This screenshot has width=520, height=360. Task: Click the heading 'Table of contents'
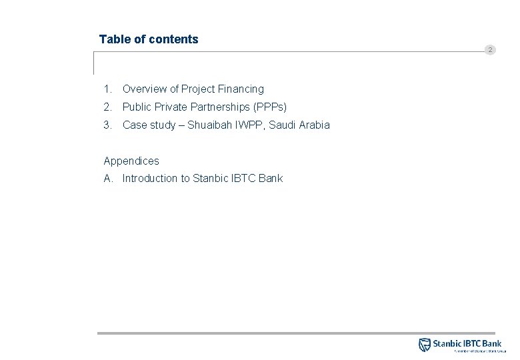[x=149, y=39]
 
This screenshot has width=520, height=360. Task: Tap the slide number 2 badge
[x=490, y=50]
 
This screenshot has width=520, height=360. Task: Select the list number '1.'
[x=107, y=89]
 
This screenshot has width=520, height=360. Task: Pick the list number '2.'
[x=107, y=107]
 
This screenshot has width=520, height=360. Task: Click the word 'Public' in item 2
[x=137, y=107]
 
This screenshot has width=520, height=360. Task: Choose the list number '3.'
[x=107, y=125]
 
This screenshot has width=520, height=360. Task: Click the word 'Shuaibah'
[x=207, y=125]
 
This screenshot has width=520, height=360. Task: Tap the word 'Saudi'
[x=282, y=125]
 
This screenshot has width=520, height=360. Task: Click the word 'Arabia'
[x=314, y=125]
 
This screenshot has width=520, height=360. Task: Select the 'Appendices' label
[x=131, y=161]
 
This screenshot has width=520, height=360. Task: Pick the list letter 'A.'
[x=108, y=178]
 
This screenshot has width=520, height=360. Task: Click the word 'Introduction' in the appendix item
[x=150, y=178]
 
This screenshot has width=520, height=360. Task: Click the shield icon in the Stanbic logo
[x=425, y=345]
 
